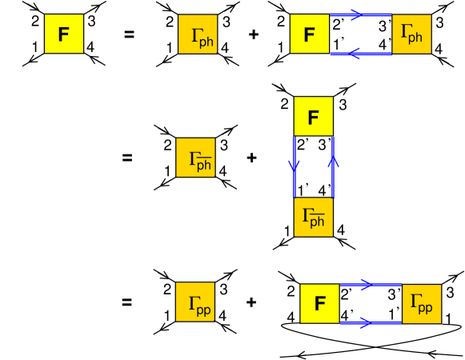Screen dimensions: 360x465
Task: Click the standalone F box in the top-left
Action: click(x=63, y=34)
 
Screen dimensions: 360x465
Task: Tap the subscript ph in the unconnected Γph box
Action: click(x=206, y=42)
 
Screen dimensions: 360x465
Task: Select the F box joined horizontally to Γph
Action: click(x=309, y=34)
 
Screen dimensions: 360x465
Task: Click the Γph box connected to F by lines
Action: click(x=411, y=34)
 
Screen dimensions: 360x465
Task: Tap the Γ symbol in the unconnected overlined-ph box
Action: click(x=193, y=158)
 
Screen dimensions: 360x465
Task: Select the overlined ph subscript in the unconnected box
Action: click(x=204, y=165)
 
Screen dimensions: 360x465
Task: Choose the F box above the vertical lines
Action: click(x=313, y=116)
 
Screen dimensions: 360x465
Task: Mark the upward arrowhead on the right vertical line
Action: click(x=333, y=162)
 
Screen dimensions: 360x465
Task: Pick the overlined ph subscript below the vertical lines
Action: click(x=317, y=222)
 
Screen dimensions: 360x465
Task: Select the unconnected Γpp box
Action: click(x=195, y=302)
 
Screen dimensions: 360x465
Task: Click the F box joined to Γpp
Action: click(x=319, y=303)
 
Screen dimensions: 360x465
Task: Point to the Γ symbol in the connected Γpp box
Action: click(x=415, y=302)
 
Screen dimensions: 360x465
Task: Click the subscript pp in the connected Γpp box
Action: click(x=426, y=308)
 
